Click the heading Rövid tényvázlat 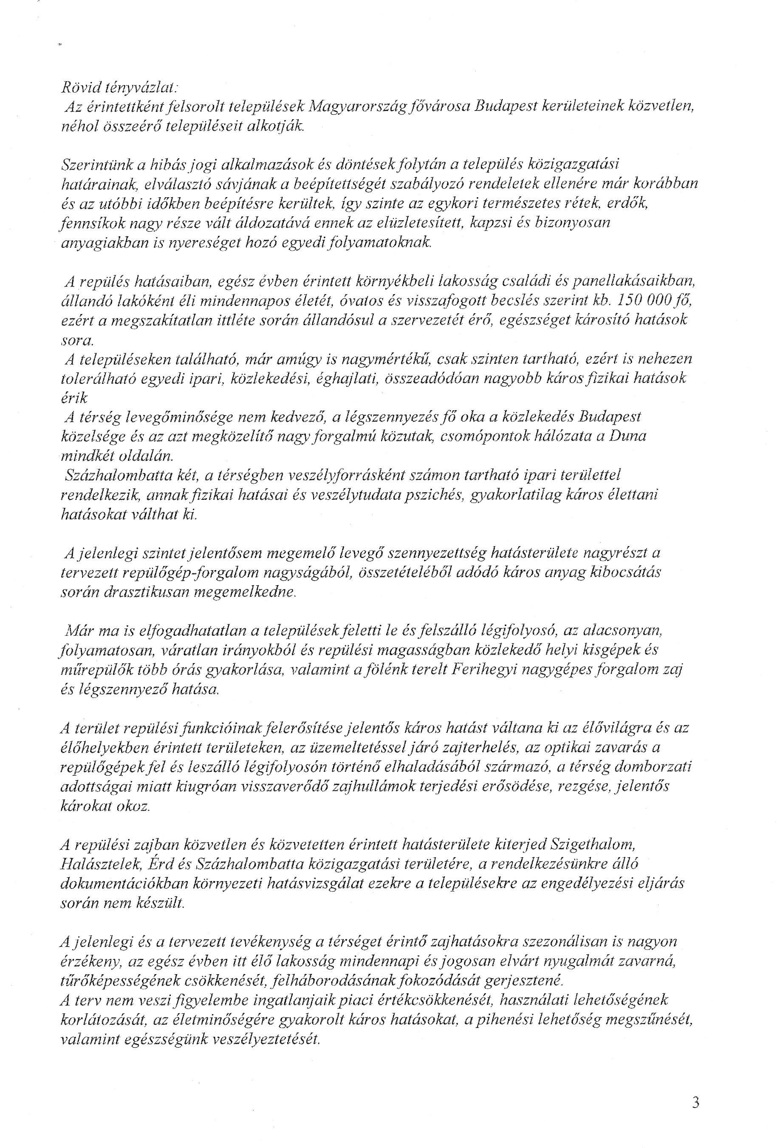coord(119,88)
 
